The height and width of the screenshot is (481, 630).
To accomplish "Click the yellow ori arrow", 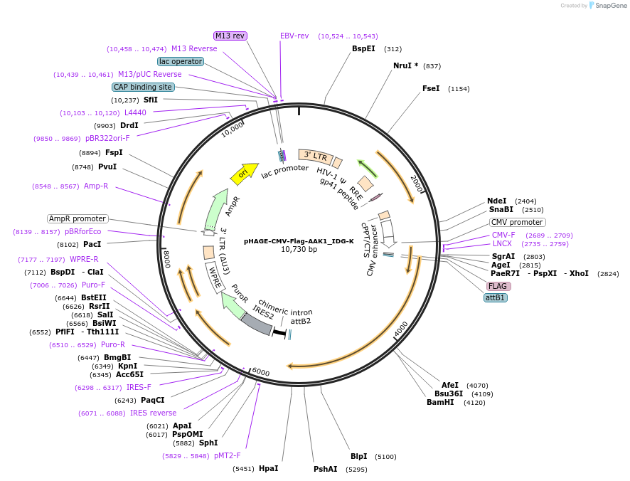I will pos(244,173).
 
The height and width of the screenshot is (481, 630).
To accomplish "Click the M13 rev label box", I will pos(230,36).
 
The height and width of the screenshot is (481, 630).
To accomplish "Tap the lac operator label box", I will pos(181,61).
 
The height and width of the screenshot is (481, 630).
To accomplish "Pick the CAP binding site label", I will pos(143,87).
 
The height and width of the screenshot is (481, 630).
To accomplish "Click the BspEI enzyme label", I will pos(363,48).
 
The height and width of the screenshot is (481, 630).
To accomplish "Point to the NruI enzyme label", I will pos(405,65).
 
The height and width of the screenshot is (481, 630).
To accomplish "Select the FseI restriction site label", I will pos(431,89).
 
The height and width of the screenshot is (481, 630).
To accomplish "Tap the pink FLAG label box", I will pos(497,286).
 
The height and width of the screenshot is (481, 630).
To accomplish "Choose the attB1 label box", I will pos(496,297).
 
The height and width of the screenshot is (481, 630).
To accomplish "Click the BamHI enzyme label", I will pos(440,402).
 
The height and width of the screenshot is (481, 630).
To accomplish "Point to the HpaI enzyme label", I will pos(268,468).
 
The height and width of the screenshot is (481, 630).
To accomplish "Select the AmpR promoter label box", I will pos(78,218).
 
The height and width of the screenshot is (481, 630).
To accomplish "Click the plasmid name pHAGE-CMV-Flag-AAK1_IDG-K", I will pos(299,240).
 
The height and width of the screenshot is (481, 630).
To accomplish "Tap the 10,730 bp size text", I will pos(299,250).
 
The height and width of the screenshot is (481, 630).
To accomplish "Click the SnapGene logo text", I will pos(611,6).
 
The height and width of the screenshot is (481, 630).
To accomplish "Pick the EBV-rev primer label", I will pos(294,36).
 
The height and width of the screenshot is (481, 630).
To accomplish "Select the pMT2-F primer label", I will pos(228,455).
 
